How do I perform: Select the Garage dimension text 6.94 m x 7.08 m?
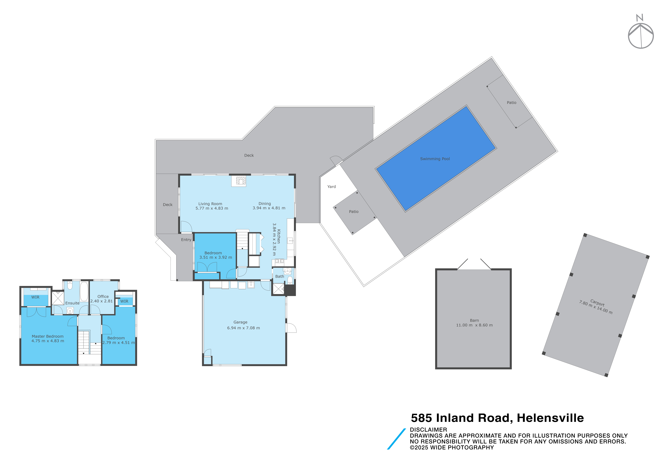pyautogui.click(x=244, y=328)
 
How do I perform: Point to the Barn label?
pyautogui.click(x=474, y=320)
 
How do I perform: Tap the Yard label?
pyautogui.click(x=332, y=187)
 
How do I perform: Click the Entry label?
pyautogui.click(x=186, y=240)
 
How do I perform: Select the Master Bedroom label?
pyautogui.click(x=48, y=336)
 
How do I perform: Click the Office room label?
pyautogui.click(x=103, y=296)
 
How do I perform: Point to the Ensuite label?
pyautogui.click(x=72, y=303)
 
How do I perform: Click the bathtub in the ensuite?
pyautogui.click(x=84, y=292)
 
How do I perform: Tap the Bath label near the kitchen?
pyautogui.click(x=280, y=276)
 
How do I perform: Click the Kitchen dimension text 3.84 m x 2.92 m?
pyautogui.click(x=274, y=239)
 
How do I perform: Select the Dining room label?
pyautogui.click(x=265, y=204)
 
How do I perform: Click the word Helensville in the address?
pyautogui.click(x=550, y=418)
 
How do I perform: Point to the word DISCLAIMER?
pyautogui.click(x=428, y=430)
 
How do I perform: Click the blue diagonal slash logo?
pyautogui.click(x=396, y=439)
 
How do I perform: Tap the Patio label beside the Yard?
pyautogui.click(x=354, y=212)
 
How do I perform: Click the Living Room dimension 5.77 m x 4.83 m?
pyautogui.click(x=212, y=208)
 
